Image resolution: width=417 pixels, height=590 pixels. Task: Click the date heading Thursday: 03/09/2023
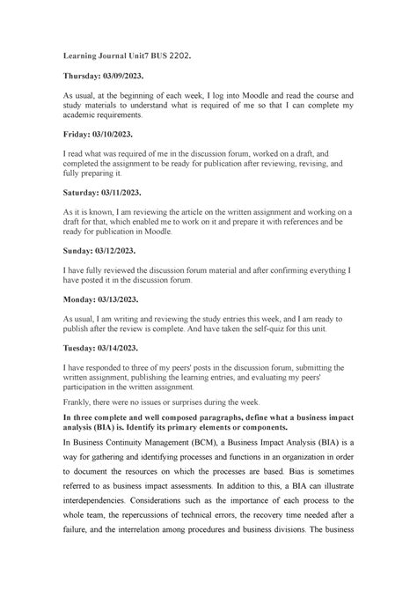[108, 77]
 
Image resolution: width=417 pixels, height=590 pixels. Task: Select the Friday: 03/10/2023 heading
[100, 133]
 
